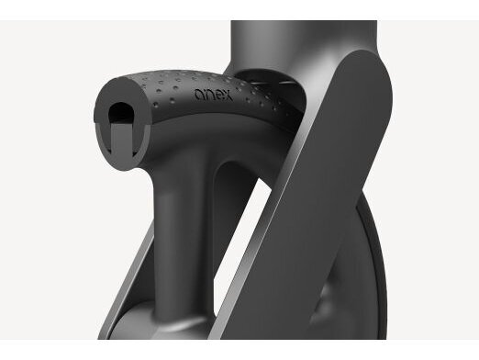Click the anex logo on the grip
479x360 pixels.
(x=214, y=95)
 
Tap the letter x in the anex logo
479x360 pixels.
(x=227, y=96)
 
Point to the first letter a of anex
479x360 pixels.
(x=199, y=95)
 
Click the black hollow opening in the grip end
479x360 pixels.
(x=121, y=112)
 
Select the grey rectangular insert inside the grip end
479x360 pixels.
(x=120, y=140)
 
